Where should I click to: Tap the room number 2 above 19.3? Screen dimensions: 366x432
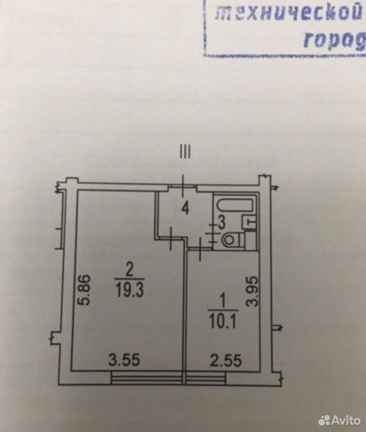pos(129,272)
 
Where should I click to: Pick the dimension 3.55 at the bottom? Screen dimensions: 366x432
pos(124,360)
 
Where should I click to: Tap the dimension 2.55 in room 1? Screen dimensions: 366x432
pos(226,360)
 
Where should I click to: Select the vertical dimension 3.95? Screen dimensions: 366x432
pos(253,292)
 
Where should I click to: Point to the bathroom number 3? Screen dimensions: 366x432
pos(221,223)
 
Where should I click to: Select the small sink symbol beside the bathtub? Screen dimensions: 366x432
pos(249,222)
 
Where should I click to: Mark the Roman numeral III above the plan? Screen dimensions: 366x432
pos(185,152)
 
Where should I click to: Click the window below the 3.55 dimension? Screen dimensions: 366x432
pos(147,378)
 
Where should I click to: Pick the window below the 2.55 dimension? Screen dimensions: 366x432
pos(206,378)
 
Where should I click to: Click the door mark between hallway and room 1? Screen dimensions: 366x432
pos(200,249)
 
